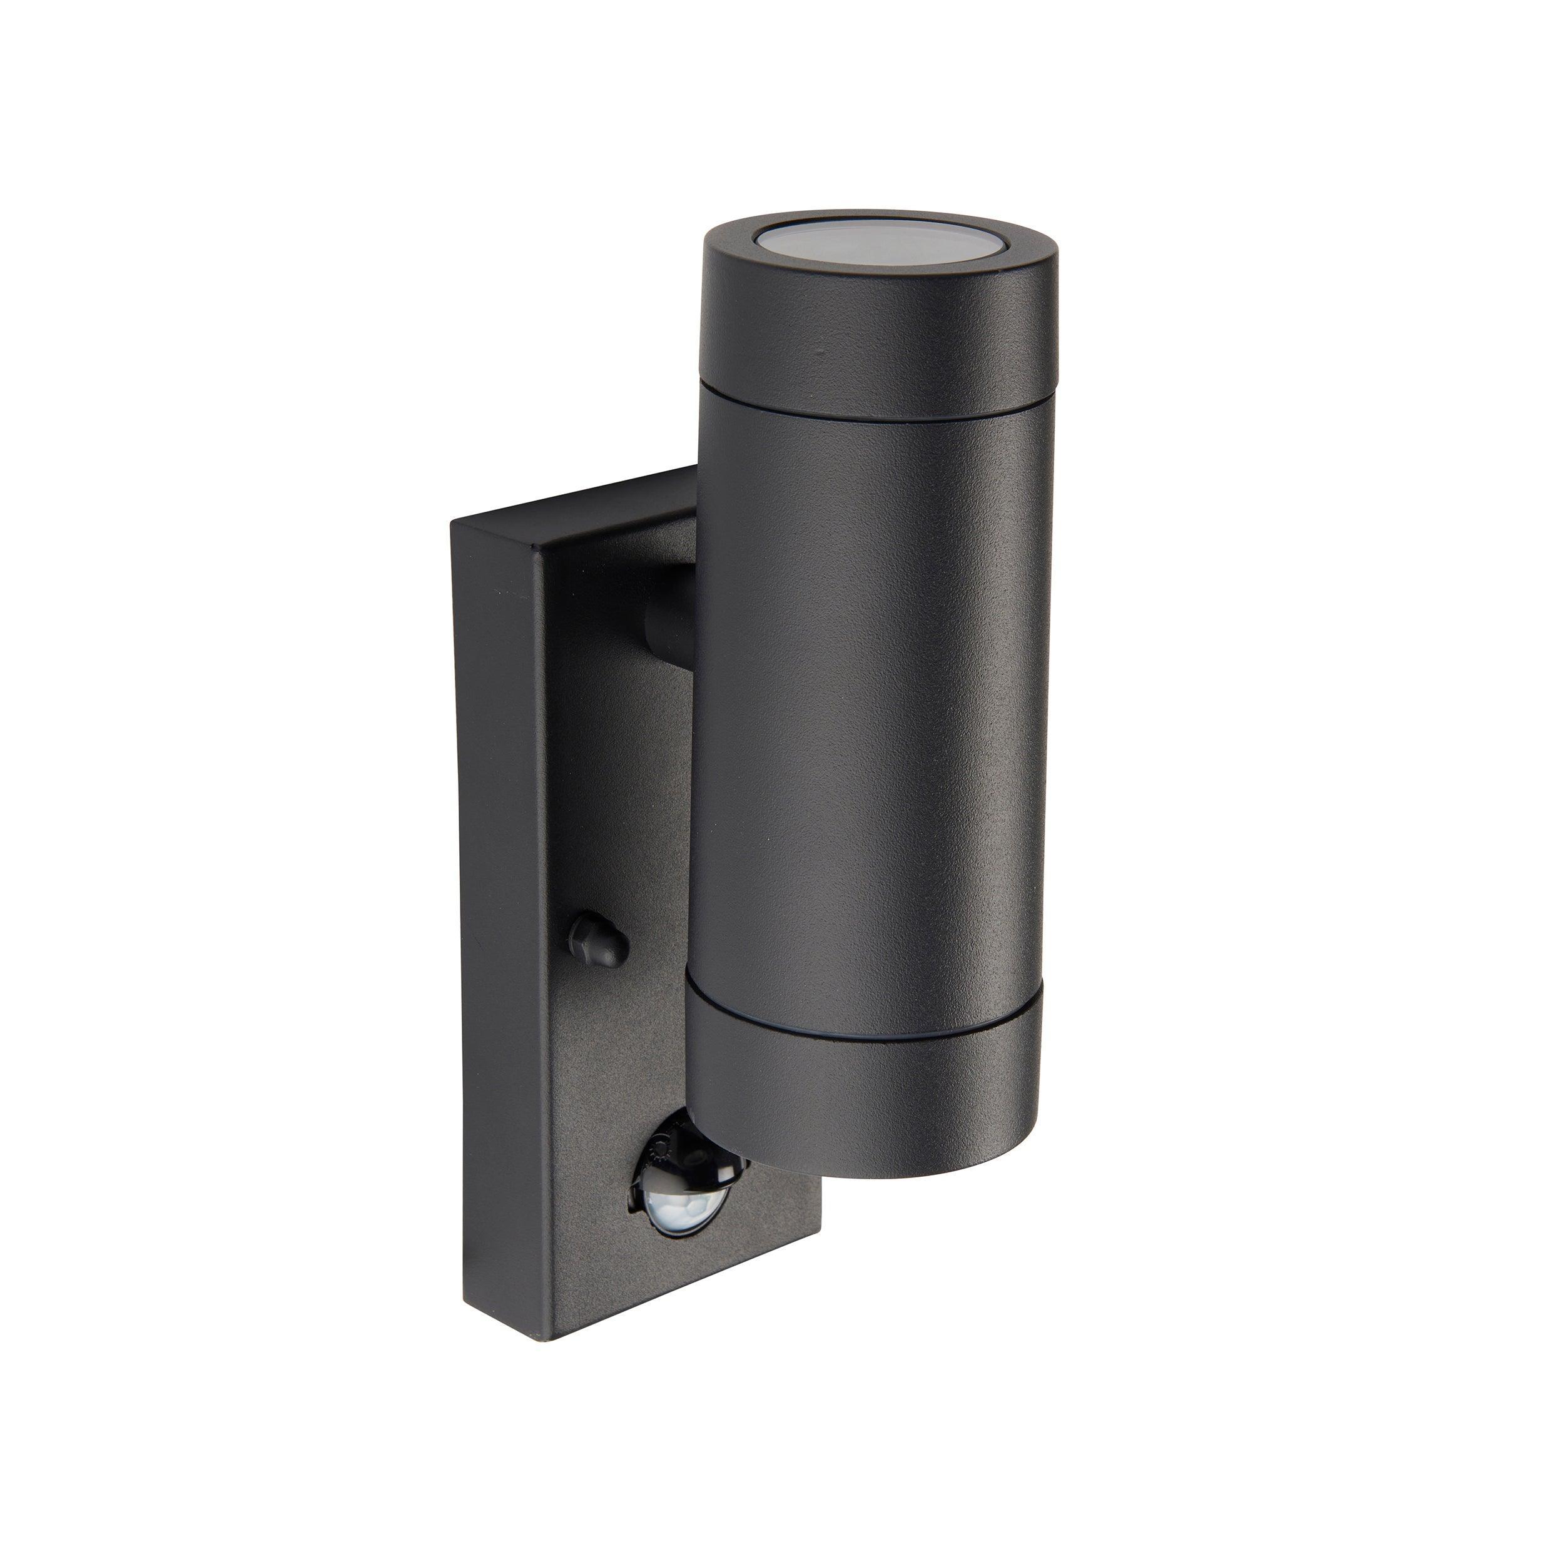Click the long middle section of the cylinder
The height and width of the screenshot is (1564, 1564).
point(866,688)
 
